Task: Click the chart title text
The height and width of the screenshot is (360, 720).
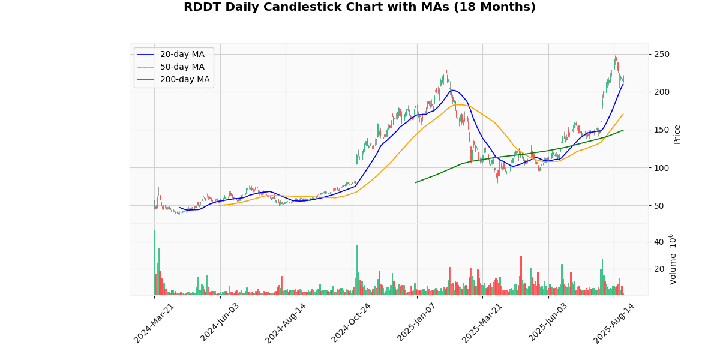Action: click(359, 7)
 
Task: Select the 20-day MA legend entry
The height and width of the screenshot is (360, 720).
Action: click(182, 55)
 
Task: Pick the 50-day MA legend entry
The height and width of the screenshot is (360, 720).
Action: click(182, 67)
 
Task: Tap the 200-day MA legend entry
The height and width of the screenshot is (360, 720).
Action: click(184, 80)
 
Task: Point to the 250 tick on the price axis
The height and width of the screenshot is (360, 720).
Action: click(662, 55)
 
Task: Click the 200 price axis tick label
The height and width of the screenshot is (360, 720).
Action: click(662, 92)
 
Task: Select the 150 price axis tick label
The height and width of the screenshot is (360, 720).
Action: click(662, 130)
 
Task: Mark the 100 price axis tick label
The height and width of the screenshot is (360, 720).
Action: click(662, 168)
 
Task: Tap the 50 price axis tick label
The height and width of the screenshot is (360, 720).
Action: click(659, 206)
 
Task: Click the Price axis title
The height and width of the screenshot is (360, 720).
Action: click(677, 134)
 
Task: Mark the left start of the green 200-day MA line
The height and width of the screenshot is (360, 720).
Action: click(416, 182)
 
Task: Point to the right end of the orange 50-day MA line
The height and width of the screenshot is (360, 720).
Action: click(623, 114)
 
